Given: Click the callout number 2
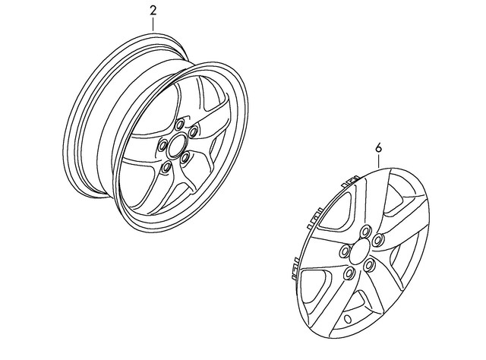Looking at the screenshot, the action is click(x=153, y=11).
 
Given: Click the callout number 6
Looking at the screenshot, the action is click(x=378, y=148).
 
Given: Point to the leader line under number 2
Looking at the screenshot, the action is click(x=153, y=24).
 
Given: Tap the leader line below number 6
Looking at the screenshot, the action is click(x=378, y=161).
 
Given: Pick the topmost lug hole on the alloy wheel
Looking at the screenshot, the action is click(x=179, y=125).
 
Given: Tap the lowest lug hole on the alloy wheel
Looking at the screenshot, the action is click(x=167, y=167).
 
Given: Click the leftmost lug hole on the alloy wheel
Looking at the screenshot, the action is click(x=163, y=145).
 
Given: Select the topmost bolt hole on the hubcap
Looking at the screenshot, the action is click(x=365, y=231).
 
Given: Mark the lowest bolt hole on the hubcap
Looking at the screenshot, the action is click(x=349, y=273).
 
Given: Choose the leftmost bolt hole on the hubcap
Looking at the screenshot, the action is click(x=344, y=250).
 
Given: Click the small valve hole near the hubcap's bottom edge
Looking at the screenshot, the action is click(x=348, y=318).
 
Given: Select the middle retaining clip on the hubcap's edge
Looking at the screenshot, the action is click(x=315, y=218).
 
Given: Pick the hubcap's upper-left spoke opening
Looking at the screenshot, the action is click(x=336, y=211).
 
